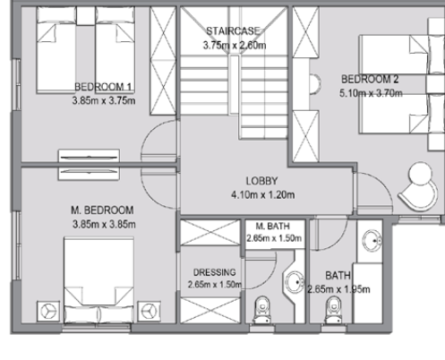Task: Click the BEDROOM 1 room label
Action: pos(103,87)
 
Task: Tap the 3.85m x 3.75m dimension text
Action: pos(103,99)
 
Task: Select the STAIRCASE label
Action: pos(234,31)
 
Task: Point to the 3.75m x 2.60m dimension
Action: pos(234,45)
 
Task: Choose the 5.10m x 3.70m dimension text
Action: pos(370,92)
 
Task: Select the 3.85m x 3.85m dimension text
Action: pos(101,224)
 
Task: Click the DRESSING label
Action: pos(214,272)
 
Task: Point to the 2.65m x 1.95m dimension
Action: pos(338,289)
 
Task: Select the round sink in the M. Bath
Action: pos(295,282)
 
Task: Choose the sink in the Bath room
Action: pos(372,240)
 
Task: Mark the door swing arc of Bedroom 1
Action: pos(159,143)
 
